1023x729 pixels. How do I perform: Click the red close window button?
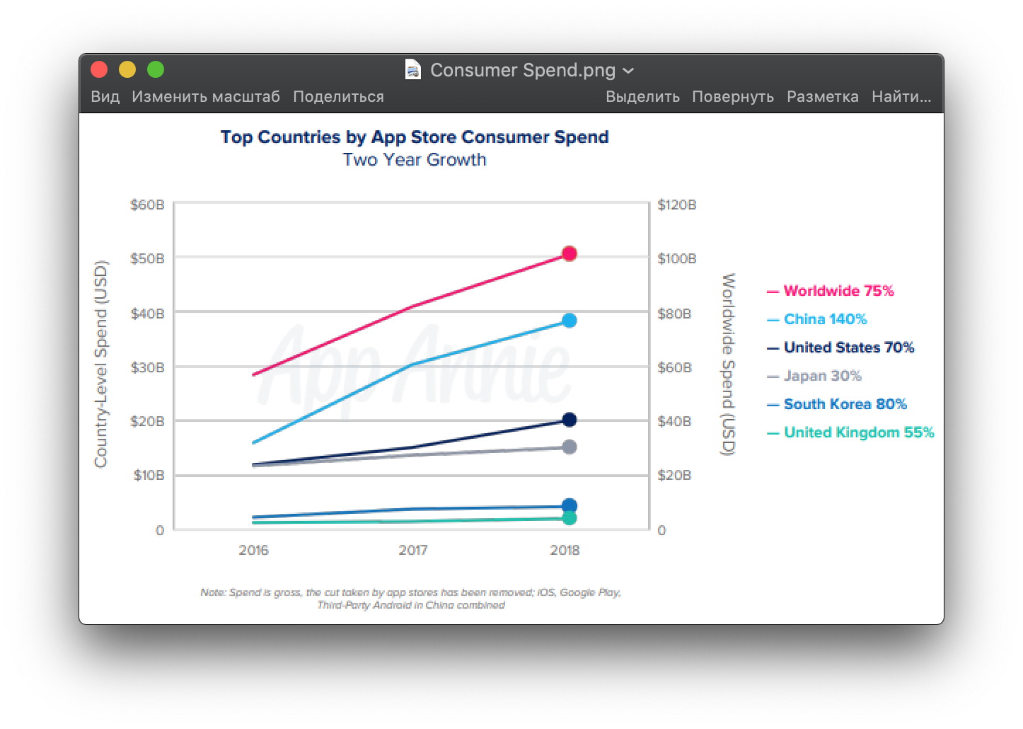click(99, 69)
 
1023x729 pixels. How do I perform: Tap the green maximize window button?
click(156, 69)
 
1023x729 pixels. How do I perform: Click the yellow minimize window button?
click(127, 69)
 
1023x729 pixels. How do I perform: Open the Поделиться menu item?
click(338, 97)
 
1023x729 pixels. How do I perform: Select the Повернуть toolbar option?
click(732, 97)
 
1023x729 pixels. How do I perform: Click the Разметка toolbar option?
click(822, 97)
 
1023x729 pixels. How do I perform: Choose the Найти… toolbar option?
click(901, 97)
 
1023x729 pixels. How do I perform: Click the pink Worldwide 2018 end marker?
click(570, 253)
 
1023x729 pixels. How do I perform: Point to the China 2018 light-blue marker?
click(570, 321)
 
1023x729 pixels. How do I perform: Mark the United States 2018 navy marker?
click(570, 420)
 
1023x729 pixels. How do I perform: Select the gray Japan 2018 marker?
click(570, 447)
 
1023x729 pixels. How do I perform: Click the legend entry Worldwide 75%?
click(838, 291)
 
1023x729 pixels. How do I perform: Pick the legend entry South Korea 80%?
click(845, 404)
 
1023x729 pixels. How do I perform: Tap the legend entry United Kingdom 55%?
click(858, 432)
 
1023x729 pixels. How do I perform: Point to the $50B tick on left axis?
click(147, 258)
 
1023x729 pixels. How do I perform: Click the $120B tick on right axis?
click(677, 205)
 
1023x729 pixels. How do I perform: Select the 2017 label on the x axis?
click(413, 550)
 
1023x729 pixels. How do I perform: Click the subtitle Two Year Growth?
click(415, 160)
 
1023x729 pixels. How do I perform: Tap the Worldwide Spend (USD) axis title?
click(728, 364)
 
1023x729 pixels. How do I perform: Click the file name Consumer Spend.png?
click(523, 70)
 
